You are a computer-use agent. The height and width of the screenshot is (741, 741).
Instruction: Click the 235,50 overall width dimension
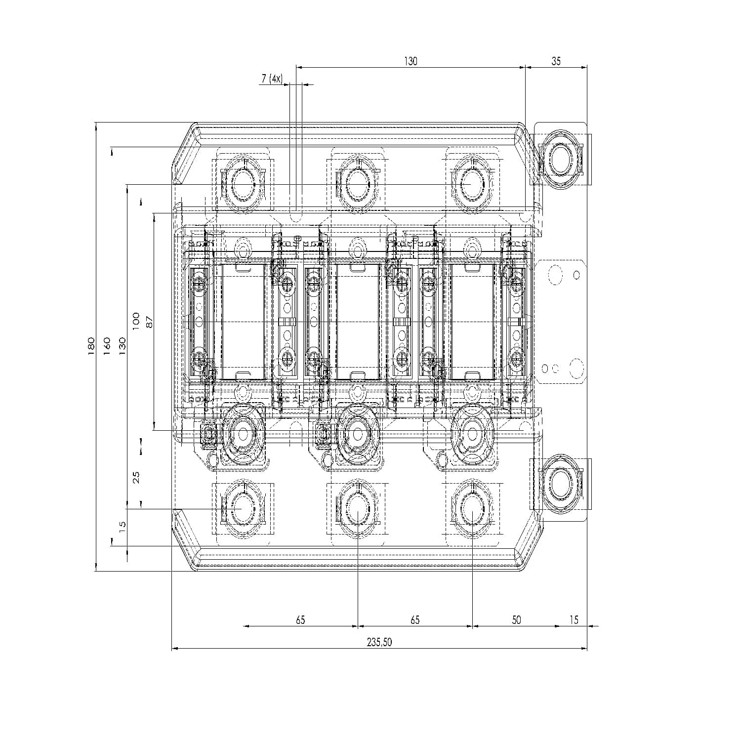(x=379, y=642)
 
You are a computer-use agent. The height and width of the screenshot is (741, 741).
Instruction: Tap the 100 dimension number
(x=136, y=321)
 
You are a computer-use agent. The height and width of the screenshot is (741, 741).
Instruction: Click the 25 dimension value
(x=136, y=477)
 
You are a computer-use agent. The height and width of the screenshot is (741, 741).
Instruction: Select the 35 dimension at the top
(x=556, y=61)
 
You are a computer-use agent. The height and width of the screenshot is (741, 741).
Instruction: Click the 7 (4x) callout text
(x=271, y=78)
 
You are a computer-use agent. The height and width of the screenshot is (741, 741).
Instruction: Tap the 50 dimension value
(x=516, y=619)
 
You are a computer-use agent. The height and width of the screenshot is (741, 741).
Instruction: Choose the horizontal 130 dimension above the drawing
(x=411, y=61)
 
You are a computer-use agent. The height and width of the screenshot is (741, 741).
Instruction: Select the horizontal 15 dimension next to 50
(x=573, y=619)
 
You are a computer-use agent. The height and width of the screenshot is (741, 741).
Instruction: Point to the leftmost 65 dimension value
(x=300, y=619)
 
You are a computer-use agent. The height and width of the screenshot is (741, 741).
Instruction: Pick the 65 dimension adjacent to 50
(x=415, y=619)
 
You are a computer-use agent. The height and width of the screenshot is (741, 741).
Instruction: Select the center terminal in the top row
(x=357, y=183)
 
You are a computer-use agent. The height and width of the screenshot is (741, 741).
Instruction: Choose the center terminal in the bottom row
(x=357, y=509)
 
